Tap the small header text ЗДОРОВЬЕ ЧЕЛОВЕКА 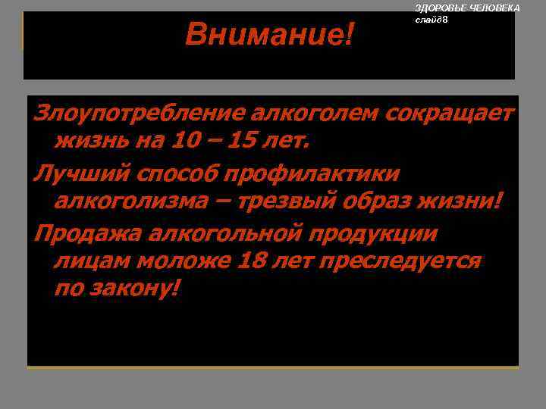[467, 8]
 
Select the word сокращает [450, 114]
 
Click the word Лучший [80, 173]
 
